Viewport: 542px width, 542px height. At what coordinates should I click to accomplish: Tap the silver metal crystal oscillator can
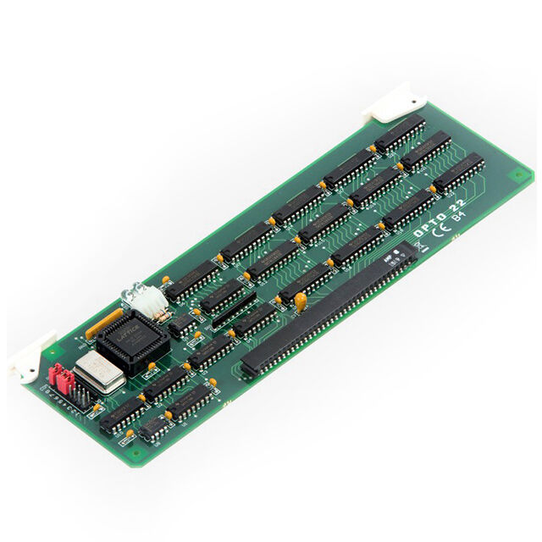tap(98, 372)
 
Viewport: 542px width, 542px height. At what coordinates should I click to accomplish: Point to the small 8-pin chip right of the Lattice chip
tap(179, 324)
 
